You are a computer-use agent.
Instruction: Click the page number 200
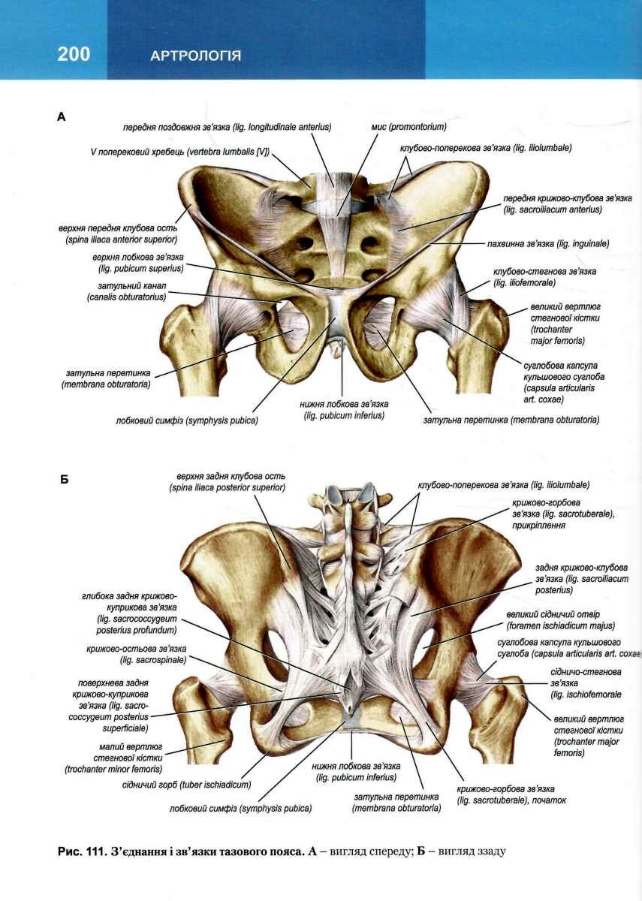(73, 54)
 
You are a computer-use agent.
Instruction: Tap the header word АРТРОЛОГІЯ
(195, 56)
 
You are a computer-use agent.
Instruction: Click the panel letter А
(62, 116)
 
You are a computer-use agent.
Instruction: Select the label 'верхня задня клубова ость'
(231, 481)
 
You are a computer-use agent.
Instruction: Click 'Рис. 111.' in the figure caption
(81, 852)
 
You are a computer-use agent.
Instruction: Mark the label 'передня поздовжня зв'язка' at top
(228, 127)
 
